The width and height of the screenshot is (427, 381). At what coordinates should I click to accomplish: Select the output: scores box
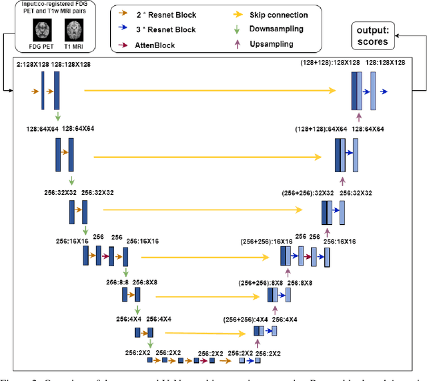[x=375, y=34]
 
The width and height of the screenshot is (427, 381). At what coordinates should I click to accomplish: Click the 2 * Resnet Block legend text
[x=161, y=15]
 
